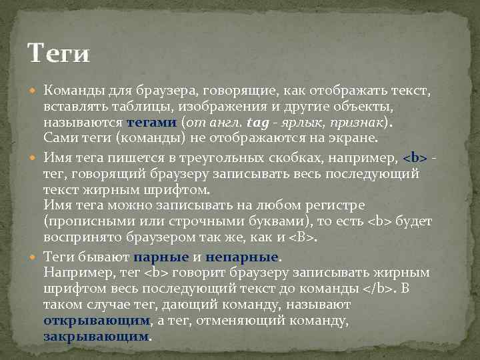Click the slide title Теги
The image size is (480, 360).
click(58, 53)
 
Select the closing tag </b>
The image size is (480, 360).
click(381, 288)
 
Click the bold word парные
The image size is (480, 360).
click(162, 257)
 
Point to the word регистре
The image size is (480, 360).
click(383, 205)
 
